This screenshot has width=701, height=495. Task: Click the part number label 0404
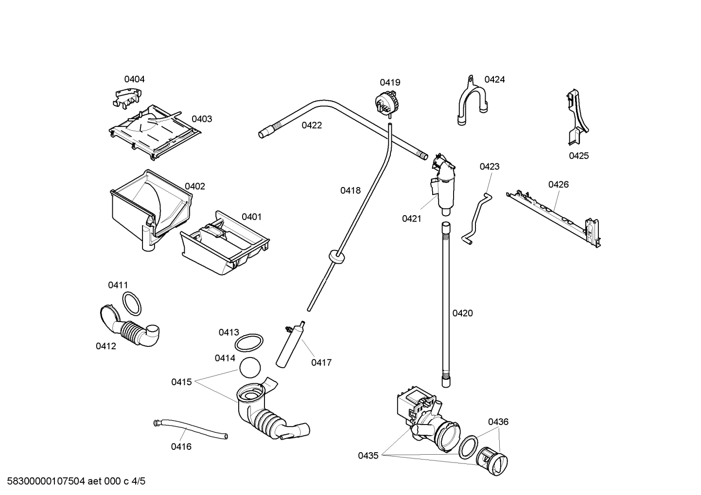click(x=134, y=79)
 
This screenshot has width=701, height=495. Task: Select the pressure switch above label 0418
click(x=386, y=103)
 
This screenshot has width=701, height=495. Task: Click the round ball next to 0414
click(x=250, y=368)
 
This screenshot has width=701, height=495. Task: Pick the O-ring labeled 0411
click(x=131, y=304)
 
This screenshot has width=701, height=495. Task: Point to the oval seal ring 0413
click(x=249, y=343)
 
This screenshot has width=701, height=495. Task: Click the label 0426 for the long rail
click(x=558, y=185)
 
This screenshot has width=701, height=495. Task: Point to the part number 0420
click(x=462, y=313)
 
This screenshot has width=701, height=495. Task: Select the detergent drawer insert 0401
click(x=225, y=243)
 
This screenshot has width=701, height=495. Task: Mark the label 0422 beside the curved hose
click(x=312, y=125)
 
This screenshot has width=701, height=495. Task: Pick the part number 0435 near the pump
click(x=368, y=456)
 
